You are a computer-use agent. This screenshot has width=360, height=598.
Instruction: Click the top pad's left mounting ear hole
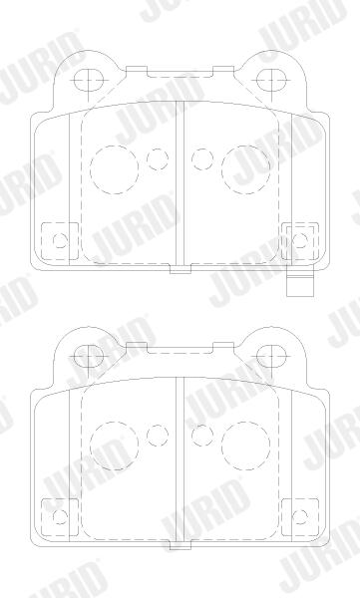click(88, 80)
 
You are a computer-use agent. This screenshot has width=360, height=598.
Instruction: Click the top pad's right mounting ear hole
click(271, 80)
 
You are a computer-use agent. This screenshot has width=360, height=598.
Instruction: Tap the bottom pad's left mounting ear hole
click(88, 357)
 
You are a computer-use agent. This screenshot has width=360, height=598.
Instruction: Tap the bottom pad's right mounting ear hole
click(271, 357)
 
